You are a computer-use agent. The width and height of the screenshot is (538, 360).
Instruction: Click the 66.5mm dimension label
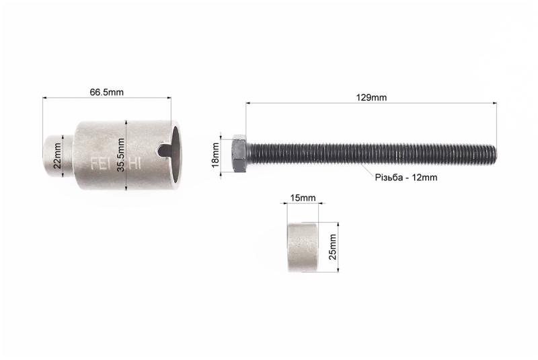[x=106, y=92]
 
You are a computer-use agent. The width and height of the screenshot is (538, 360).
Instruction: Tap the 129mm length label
[x=371, y=98]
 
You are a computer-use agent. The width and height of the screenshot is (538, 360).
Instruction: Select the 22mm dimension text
[x=57, y=155]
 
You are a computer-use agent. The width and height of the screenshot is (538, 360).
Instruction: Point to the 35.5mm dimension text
[x=121, y=155]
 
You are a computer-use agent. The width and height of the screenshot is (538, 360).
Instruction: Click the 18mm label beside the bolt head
[x=215, y=155]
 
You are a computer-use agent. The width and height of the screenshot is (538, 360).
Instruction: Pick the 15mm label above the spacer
[x=303, y=198]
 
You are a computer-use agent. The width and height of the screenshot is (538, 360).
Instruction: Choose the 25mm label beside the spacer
[x=332, y=247]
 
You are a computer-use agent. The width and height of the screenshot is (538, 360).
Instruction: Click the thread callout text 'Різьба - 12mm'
[x=406, y=178]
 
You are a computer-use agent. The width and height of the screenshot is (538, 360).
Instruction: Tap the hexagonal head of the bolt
[x=239, y=153]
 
